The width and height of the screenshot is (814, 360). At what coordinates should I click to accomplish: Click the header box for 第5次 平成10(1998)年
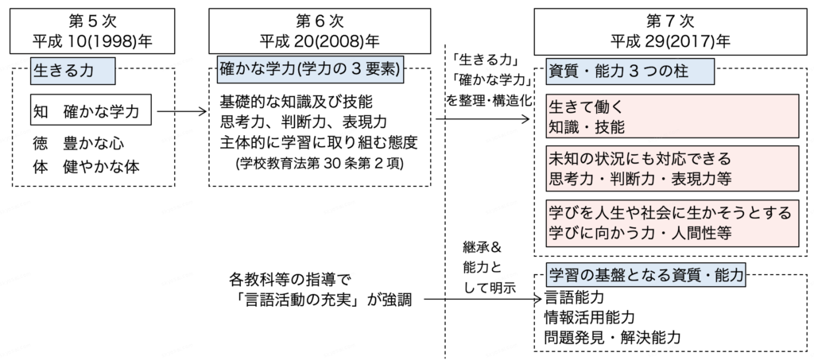coord(92,30)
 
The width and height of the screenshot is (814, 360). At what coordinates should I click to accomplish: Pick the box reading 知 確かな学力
coord(92,113)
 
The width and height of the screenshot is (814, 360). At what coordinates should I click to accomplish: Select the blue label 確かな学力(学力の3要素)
coord(309,70)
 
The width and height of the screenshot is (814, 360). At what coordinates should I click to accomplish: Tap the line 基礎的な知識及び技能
coord(297,103)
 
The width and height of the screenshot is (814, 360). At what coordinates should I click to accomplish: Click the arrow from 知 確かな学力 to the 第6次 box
coord(182,113)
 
